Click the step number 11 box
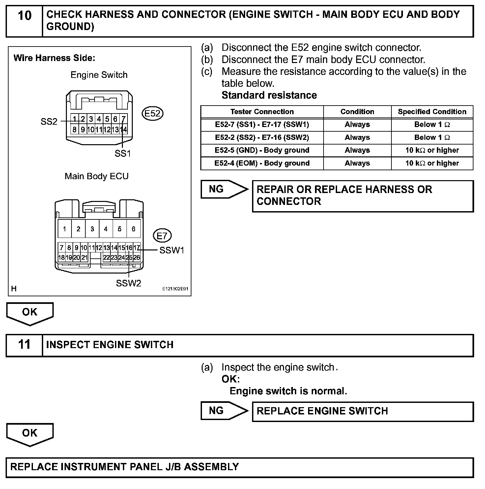click(x=24, y=345)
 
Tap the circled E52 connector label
click(x=153, y=114)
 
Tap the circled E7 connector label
click(x=162, y=236)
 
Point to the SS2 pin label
click(x=49, y=122)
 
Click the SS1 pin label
click(x=123, y=153)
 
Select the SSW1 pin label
click(x=172, y=250)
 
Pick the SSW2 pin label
click(x=128, y=283)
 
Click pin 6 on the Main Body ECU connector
click(x=133, y=229)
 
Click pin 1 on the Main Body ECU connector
click(x=65, y=229)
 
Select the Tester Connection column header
click(x=262, y=112)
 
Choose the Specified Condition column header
click(x=432, y=112)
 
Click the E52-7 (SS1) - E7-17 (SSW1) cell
click(x=262, y=124)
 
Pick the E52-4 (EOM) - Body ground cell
click(x=262, y=163)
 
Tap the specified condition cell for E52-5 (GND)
click(x=432, y=150)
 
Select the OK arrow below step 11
click(x=30, y=434)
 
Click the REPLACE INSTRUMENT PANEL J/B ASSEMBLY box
click(x=240, y=467)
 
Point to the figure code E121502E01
click(x=175, y=289)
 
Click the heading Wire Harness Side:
click(x=54, y=58)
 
